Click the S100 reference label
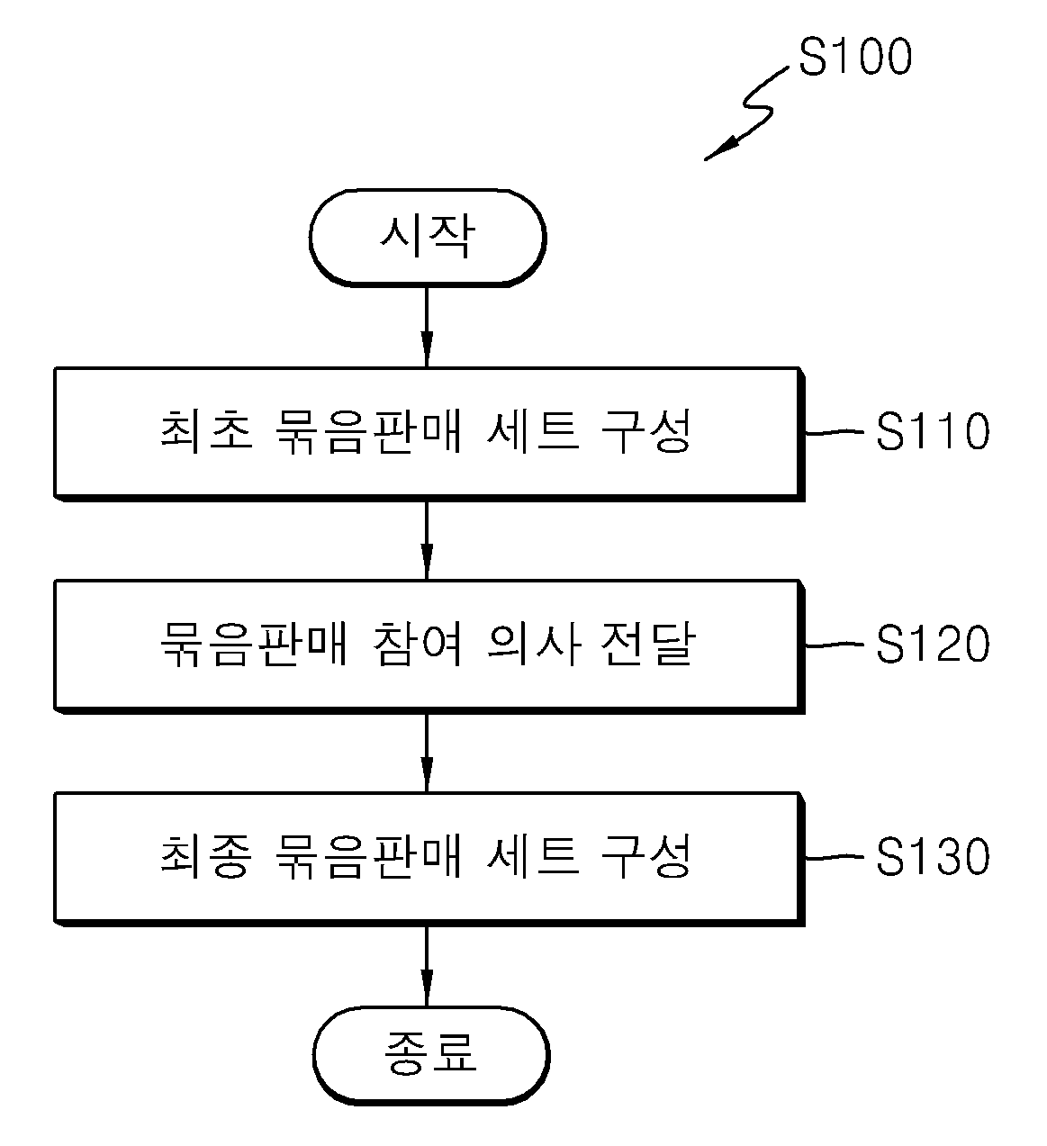point(855,57)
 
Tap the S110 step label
point(933,431)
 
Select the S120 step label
point(933,644)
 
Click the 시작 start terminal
point(428,238)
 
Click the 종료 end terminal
point(431,1056)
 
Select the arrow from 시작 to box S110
point(427,327)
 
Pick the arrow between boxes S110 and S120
point(427,540)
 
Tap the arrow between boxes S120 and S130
point(427,753)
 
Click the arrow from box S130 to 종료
point(427,967)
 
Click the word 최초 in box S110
point(206,432)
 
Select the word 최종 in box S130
point(206,857)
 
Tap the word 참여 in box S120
point(417,645)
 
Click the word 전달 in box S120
point(647,645)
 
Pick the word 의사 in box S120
point(533,645)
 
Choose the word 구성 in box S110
point(646,432)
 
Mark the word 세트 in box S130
point(533,857)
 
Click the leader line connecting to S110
point(834,432)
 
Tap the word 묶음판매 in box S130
point(368,857)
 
